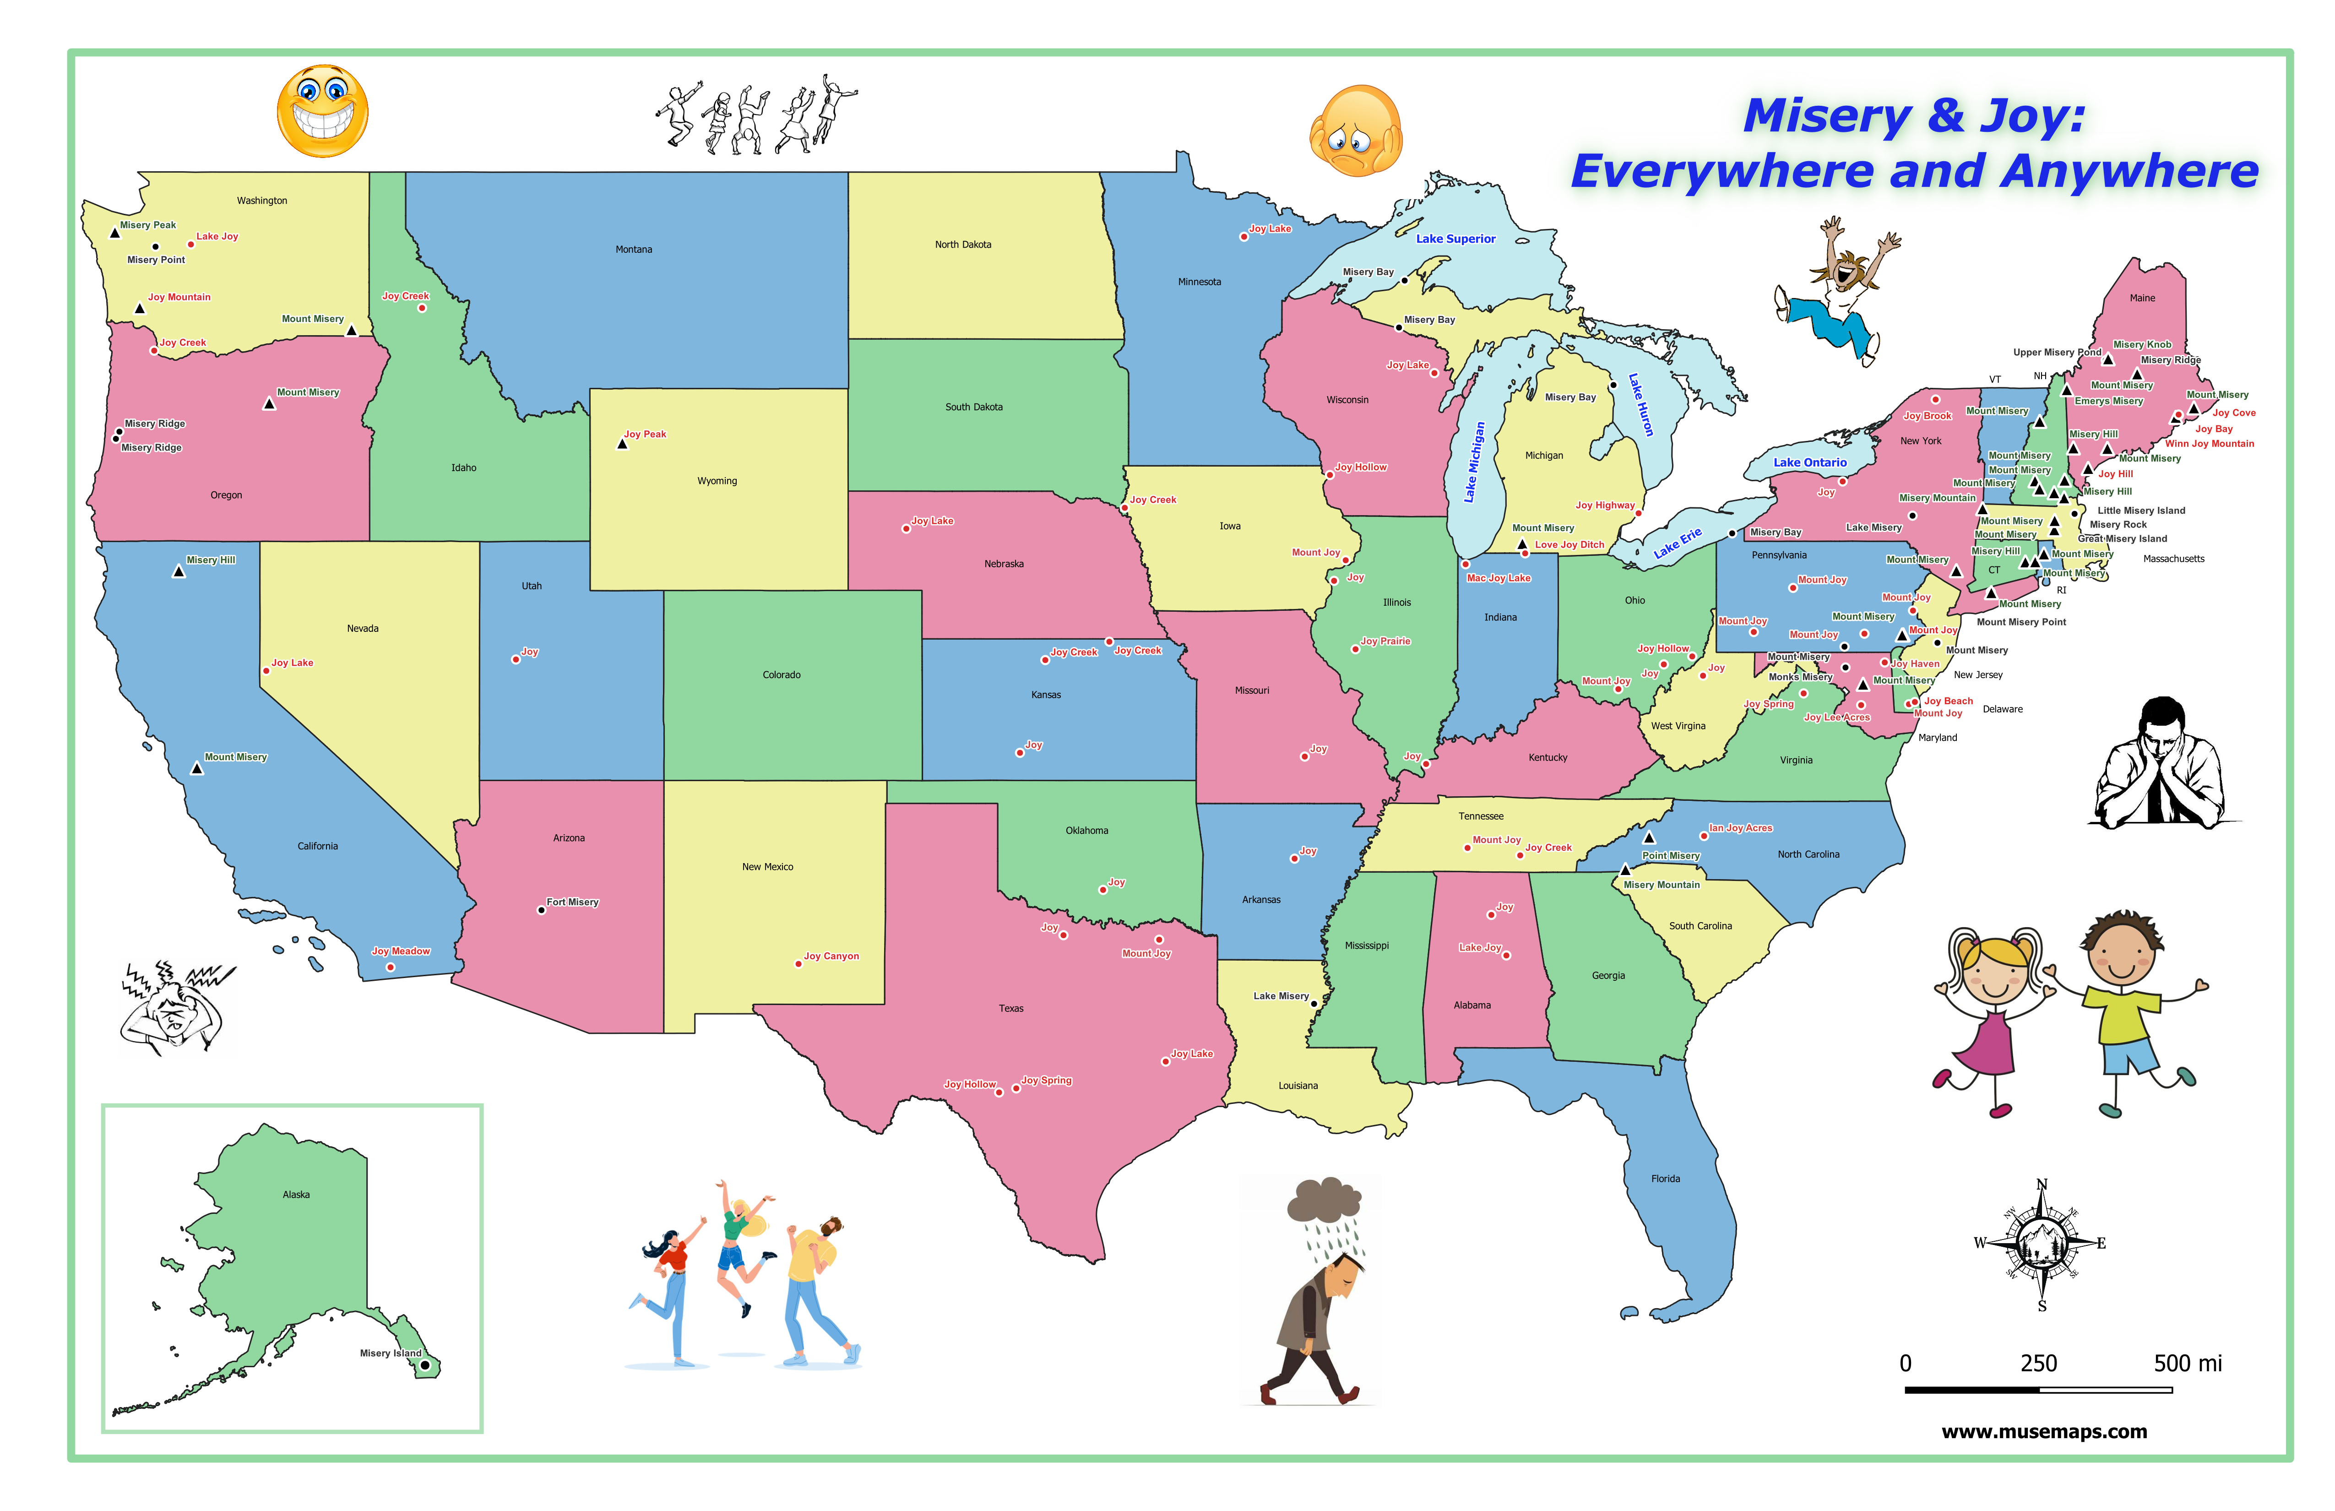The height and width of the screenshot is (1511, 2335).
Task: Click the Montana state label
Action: (x=634, y=249)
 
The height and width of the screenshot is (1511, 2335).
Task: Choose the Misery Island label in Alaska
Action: (x=391, y=1353)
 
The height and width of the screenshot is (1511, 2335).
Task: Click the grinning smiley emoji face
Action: (x=323, y=111)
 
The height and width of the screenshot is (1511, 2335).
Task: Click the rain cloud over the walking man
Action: (x=1326, y=1202)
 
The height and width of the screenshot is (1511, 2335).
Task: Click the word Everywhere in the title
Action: (x=1723, y=172)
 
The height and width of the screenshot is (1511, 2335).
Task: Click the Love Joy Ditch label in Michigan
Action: (x=1570, y=544)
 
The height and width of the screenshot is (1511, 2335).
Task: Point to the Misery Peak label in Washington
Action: (x=148, y=225)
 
